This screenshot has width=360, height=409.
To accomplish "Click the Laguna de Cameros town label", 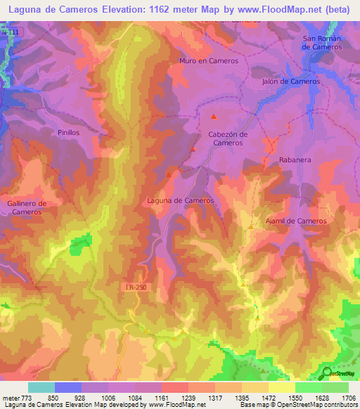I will point(180,200).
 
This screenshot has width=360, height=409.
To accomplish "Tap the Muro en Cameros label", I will point(209,61).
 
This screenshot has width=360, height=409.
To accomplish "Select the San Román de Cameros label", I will point(321,42).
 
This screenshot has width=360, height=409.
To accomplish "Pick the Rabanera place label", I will point(295,160).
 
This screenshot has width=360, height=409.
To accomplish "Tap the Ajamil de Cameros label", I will point(296,221).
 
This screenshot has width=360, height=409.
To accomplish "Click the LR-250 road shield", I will point(127,289).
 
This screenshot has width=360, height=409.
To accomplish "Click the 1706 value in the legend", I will point(348,397).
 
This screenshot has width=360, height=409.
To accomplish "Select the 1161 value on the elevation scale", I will point(161,397).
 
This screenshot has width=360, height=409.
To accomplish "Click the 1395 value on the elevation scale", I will point(241,397).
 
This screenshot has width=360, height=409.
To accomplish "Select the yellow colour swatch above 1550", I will point(281,387).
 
